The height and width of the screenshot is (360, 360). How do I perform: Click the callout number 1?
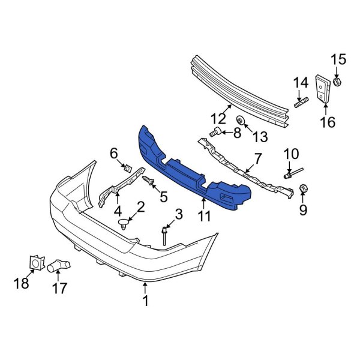(x=145, y=302)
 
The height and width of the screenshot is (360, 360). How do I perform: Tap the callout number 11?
(x=205, y=216)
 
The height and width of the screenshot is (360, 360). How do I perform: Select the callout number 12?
(x=218, y=118)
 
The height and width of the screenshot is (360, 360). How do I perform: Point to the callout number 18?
(x=22, y=282)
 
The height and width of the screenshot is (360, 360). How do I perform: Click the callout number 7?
(x=257, y=158)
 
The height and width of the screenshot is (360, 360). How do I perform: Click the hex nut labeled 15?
(x=337, y=82)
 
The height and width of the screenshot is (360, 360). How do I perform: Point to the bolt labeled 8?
(x=216, y=132)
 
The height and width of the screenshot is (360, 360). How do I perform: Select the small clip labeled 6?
(x=127, y=167)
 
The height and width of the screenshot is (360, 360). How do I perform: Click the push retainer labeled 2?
(x=125, y=224)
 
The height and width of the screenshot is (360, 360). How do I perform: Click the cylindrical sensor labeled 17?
(x=59, y=264)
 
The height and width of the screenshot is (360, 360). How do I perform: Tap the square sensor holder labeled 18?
(x=36, y=262)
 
